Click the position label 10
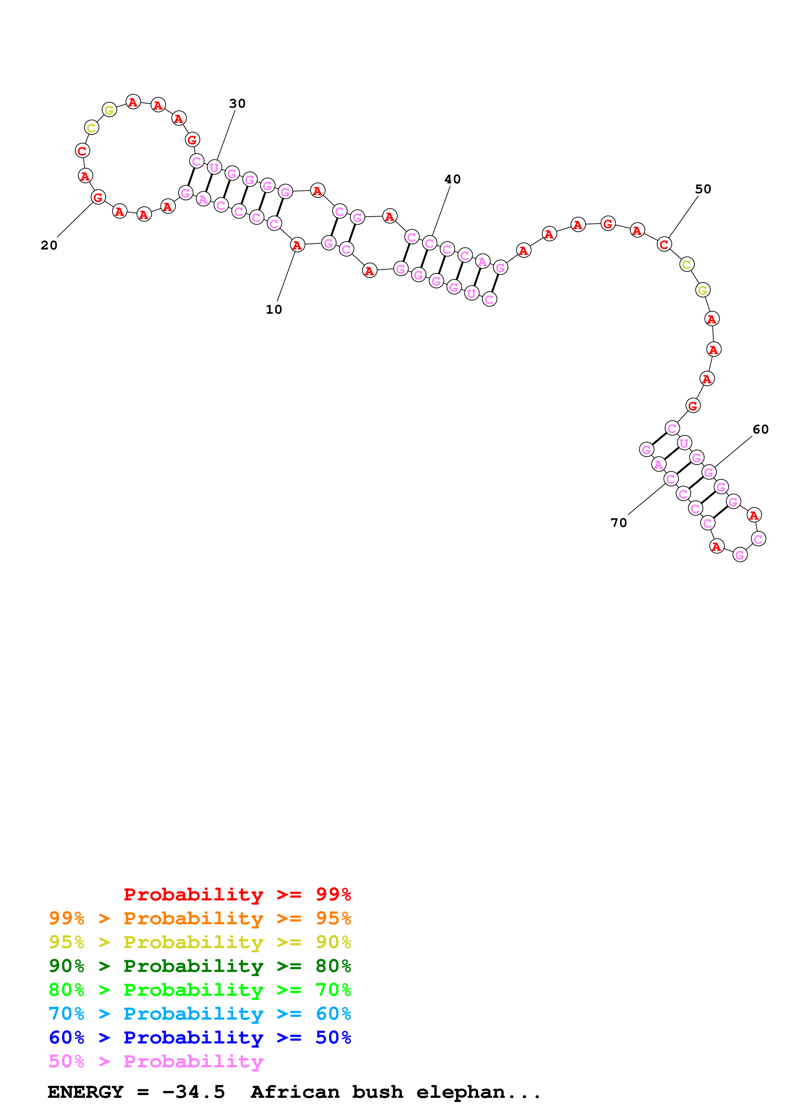pyautogui.click(x=273, y=309)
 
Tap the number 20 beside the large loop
pyautogui.click(x=49, y=245)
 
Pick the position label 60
pyautogui.click(x=760, y=429)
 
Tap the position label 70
pyautogui.click(x=619, y=523)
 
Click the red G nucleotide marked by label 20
pyautogui.click(x=98, y=197)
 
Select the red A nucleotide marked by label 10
pyautogui.click(x=297, y=245)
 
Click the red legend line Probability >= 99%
pyautogui.click(x=237, y=894)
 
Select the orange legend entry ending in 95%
pyautogui.click(x=200, y=918)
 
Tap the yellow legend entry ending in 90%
pyautogui.click(x=200, y=942)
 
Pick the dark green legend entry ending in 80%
pyautogui.click(x=200, y=966)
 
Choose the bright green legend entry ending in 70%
pyautogui.click(x=200, y=990)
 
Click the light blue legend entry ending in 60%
pyautogui.click(x=200, y=1014)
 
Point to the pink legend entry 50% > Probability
pyautogui.click(x=155, y=1061)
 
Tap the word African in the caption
pyautogui.click(x=295, y=1092)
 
